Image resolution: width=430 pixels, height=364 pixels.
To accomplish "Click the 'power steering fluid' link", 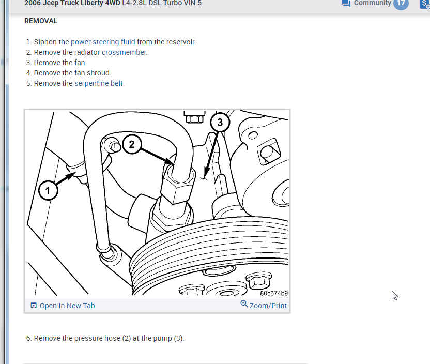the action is (x=103, y=42).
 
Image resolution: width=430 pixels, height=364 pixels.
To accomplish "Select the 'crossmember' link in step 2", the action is (x=125, y=52).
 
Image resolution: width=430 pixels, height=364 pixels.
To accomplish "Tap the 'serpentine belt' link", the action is (x=99, y=83).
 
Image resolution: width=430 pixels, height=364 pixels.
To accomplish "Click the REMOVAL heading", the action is (x=41, y=21).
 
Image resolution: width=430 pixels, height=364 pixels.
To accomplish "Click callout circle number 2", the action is (x=131, y=144).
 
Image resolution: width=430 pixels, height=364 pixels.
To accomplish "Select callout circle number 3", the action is (x=220, y=123).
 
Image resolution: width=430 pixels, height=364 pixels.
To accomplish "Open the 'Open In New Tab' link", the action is (x=67, y=306).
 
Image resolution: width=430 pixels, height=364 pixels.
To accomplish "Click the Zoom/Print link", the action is (x=268, y=306).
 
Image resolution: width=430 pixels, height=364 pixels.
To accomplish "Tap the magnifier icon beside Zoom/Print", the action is (x=244, y=304).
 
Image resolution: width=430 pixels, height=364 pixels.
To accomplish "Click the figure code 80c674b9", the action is (x=274, y=293).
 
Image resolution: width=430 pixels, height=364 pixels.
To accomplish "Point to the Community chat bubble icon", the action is (x=346, y=3).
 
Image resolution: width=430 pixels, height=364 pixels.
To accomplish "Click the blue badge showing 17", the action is (x=401, y=3).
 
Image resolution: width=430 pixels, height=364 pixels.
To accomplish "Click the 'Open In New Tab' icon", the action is (x=34, y=306).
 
